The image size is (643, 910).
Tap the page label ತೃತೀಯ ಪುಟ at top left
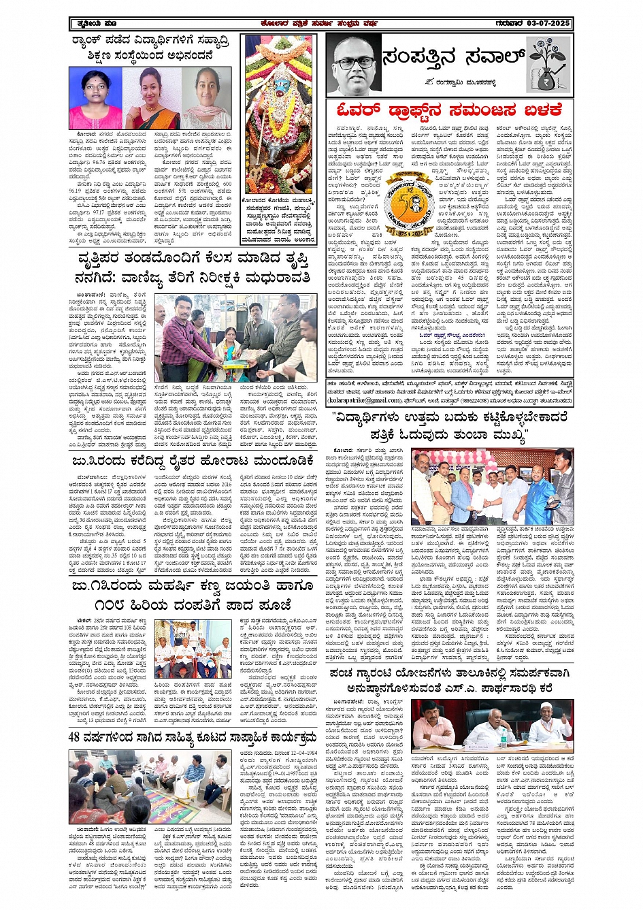(x=95, y=24)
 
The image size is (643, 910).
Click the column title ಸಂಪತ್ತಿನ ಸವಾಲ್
(x=453, y=57)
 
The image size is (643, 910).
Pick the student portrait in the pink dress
(x=95, y=99)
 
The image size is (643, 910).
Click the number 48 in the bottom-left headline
(x=74, y=737)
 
